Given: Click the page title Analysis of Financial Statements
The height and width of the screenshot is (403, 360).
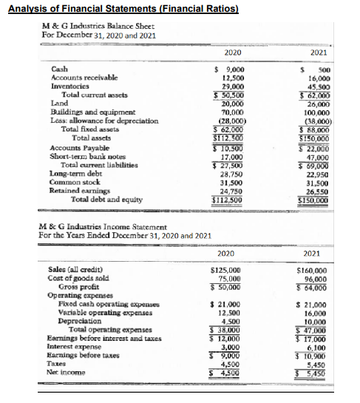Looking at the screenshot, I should coord(123,9).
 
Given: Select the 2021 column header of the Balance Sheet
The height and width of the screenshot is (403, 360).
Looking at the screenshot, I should coord(319,53).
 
